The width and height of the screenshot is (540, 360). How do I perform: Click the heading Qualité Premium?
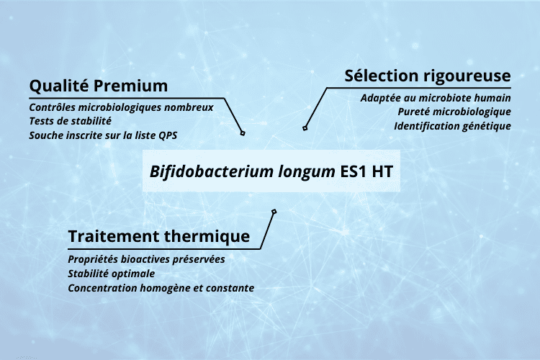pyautogui.click(x=98, y=86)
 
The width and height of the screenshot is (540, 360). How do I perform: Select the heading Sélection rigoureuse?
pyautogui.click(x=428, y=76)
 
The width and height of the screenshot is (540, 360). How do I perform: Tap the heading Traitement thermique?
pyautogui.click(x=159, y=236)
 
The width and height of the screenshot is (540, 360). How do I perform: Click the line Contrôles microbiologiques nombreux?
pyautogui.click(x=121, y=108)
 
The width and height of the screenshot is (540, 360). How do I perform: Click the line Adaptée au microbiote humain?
pyautogui.click(x=436, y=98)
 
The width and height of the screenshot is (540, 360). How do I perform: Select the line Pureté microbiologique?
pyautogui.click(x=454, y=112)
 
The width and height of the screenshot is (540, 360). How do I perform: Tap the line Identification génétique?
pyautogui.click(x=452, y=126)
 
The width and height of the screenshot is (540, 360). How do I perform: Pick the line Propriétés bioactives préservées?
pyautogui.click(x=146, y=259)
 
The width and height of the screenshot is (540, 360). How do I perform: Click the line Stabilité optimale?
pyautogui.click(x=111, y=274)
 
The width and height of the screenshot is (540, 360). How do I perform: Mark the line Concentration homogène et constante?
pyautogui.click(x=161, y=288)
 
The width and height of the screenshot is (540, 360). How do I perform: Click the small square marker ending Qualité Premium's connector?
pyautogui.click(x=243, y=133)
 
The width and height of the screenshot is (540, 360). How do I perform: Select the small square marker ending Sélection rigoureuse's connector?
pyautogui.click(x=305, y=128)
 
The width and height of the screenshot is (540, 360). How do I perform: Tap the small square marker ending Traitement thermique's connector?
pyautogui.click(x=274, y=212)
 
